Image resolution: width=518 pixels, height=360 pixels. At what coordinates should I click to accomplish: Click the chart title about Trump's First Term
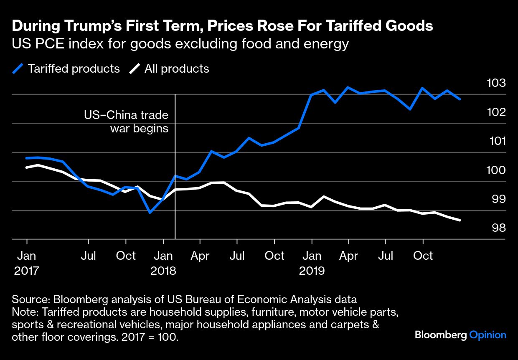point(222,26)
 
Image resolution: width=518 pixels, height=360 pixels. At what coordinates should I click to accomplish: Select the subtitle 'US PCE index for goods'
point(180,44)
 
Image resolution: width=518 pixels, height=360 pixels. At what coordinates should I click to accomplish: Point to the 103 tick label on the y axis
point(496,83)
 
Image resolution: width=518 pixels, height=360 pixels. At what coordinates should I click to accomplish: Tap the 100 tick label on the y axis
point(496,170)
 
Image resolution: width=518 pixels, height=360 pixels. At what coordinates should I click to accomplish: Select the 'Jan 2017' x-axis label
point(27,263)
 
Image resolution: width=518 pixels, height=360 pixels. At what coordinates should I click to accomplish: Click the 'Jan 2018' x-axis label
point(163,263)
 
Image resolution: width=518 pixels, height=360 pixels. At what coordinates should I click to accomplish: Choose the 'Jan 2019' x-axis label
point(312,263)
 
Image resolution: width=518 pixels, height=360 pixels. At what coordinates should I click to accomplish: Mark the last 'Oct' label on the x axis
point(423,255)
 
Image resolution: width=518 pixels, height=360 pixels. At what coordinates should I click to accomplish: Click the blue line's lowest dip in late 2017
point(150,213)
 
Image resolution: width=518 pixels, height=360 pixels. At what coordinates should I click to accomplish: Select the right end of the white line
point(460,220)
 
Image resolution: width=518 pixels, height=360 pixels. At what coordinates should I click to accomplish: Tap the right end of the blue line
point(460,99)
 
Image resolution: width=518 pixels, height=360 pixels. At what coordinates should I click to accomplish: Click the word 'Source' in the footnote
point(30,299)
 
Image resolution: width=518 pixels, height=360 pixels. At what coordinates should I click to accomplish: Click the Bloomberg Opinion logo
point(460,335)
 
